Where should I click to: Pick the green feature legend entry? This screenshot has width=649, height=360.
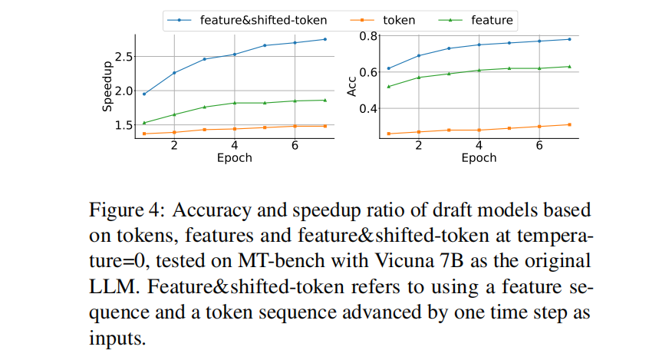pos(492,20)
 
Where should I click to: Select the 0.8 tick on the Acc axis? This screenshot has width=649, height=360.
pos(369,36)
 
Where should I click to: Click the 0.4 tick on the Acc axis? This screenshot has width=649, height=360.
pos(369,108)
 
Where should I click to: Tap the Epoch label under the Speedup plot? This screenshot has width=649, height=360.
pos(234,158)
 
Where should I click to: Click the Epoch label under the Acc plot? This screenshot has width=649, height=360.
pos(479,158)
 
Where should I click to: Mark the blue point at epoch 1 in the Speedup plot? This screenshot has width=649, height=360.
pos(144,94)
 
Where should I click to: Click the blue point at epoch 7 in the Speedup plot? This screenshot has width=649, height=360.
pos(324,39)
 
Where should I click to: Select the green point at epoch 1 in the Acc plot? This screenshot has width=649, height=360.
pos(389,86)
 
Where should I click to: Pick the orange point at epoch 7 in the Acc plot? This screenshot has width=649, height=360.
pos(569,124)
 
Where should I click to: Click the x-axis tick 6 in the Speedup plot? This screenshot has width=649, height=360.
pos(295,145)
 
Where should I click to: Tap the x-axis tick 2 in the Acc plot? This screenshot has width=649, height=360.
pos(419,145)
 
